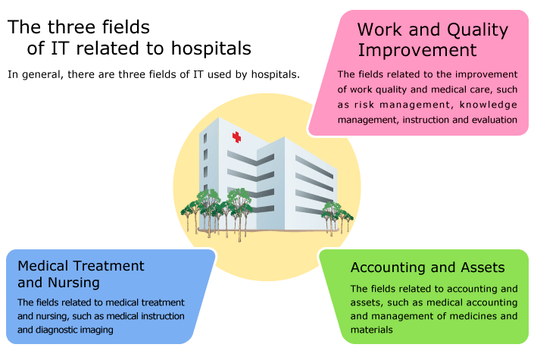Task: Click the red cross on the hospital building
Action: tap(236, 137)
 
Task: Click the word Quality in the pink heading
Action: tap(477, 30)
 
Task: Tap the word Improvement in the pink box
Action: tap(417, 50)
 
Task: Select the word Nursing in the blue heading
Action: tap(73, 283)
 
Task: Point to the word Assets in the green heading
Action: tap(482, 268)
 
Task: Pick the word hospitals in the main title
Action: tap(211, 49)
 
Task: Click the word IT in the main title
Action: tap(61, 49)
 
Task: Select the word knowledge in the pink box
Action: tap(489, 105)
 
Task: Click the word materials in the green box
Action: tap(372, 330)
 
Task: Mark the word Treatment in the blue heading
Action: tap(109, 266)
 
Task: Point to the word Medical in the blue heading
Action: tap(43, 266)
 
